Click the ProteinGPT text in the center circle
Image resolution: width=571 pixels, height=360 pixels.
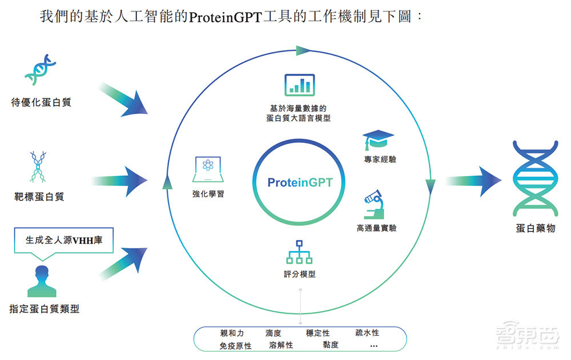(x=300, y=183)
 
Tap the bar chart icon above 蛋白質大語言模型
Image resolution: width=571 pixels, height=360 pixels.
(x=300, y=85)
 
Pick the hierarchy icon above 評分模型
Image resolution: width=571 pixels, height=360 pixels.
(x=299, y=251)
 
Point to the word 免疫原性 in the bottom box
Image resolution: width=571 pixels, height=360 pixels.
(x=235, y=346)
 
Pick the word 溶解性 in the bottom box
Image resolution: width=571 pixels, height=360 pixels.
(x=281, y=345)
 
